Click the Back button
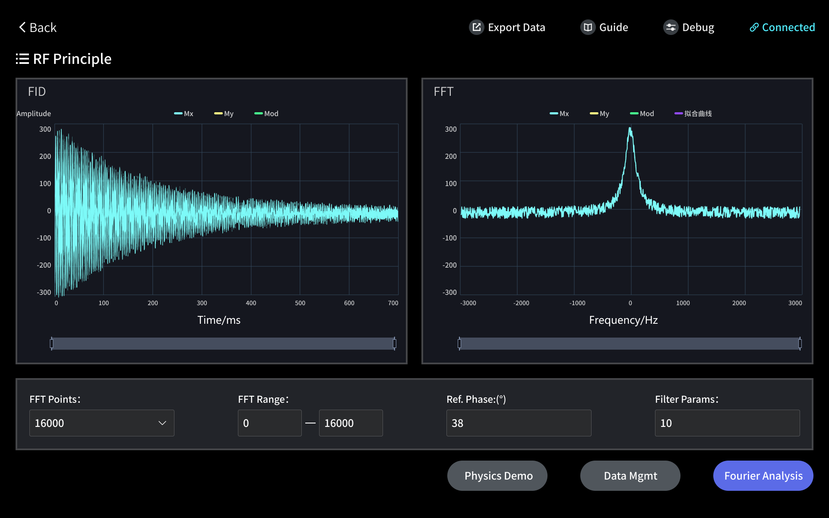(38, 28)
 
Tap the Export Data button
(507, 28)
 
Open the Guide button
(604, 28)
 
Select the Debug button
(689, 28)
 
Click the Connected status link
(782, 28)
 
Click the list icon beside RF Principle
(22, 59)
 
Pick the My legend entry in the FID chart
(224, 114)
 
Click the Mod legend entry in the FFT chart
(642, 114)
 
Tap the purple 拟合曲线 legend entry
(693, 114)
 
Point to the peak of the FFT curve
(630, 129)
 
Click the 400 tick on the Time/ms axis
(251, 303)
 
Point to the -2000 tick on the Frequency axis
(521, 303)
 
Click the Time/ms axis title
(219, 320)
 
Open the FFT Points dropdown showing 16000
(101, 423)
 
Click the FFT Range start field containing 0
(269, 423)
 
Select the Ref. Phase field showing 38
(519, 423)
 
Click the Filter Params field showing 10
(727, 423)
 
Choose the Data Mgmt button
(630, 476)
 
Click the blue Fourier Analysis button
(763, 476)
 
